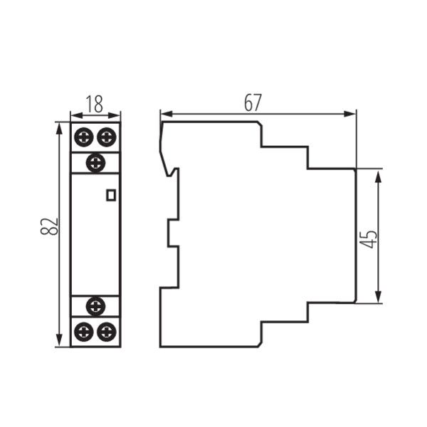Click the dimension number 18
pos(95,104)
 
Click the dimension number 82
pos(49,226)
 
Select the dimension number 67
pos(253,103)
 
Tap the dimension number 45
pos(370,239)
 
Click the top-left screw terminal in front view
pos(84,137)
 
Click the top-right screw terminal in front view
pos(107,137)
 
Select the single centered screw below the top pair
pos(95,163)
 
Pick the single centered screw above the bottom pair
pos(95,306)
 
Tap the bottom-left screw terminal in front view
pos(84,332)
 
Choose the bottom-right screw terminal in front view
pos(107,332)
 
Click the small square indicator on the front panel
pos(111,195)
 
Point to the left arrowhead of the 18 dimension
pos(76,116)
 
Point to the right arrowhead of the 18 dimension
pos(115,116)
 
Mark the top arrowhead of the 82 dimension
pos(59,129)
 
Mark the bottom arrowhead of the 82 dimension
pos(59,341)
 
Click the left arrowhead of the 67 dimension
pos(167,114)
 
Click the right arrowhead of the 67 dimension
pos(350,114)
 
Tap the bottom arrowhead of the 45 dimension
pos(378,297)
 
